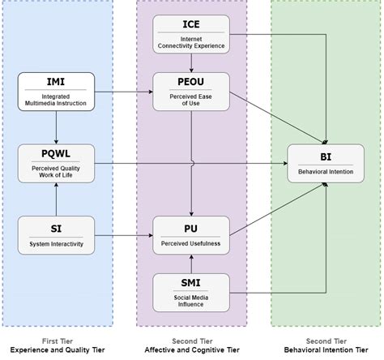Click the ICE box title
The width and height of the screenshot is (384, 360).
click(x=191, y=24)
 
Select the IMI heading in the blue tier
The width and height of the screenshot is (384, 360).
click(x=56, y=81)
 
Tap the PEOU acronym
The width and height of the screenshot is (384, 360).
click(x=191, y=82)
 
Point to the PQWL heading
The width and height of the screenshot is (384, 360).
click(x=56, y=152)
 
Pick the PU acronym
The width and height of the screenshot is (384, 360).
click(x=191, y=228)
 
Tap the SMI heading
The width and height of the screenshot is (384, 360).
click(x=191, y=283)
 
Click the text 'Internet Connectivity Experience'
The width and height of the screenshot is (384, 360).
click(x=191, y=41)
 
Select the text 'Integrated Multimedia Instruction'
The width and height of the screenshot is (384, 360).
click(x=56, y=101)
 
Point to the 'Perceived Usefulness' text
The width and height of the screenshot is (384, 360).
click(x=191, y=242)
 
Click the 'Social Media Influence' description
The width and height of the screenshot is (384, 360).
click(x=191, y=302)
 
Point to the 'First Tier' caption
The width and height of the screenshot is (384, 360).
click(x=56, y=341)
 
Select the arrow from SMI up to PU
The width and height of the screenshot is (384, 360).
click(x=191, y=264)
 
